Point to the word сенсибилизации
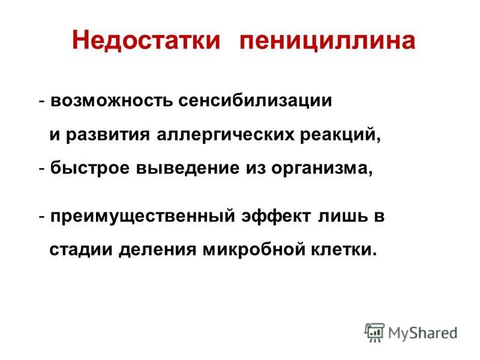(x=255, y=101)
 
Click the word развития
(x=108, y=135)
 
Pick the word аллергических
(x=226, y=135)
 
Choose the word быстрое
(x=90, y=168)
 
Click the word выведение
(x=188, y=168)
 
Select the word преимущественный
(x=143, y=217)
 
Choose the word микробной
(x=254, y=249)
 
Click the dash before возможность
(x=42, y=101)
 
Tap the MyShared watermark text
(x=423, y=333)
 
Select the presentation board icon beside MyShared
(x=374, y=332)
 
